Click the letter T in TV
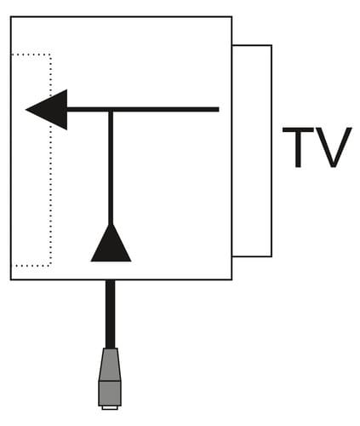pos(298,147)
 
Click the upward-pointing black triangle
pos(111,243)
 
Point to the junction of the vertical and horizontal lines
pos(111,110)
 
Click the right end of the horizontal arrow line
pos(219,110)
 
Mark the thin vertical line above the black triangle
pos(111,168)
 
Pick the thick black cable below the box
pos(111,314)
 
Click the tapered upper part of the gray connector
pos(110,365)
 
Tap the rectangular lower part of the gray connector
pos(110,394)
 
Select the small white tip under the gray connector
pos(110,408)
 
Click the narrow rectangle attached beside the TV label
pos(271,151)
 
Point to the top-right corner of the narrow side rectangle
pos(271,45)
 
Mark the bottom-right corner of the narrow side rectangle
pos(271,256)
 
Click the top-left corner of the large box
pos(11,17)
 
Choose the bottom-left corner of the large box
pos(11,279)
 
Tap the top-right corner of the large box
pos(231,17)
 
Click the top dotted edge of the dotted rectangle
pos(31,54)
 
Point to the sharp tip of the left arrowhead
pos(26,110)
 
